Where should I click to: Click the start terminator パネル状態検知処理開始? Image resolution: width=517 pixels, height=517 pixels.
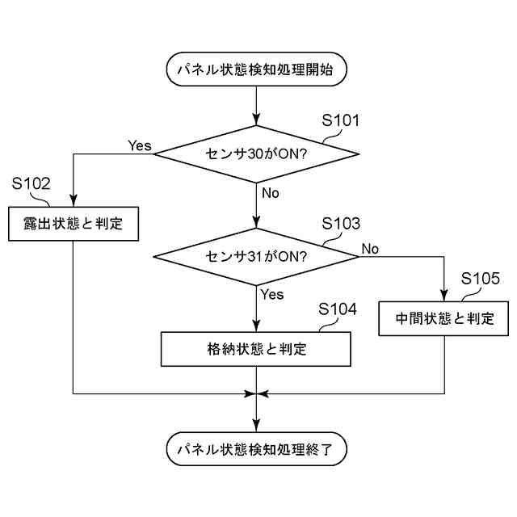point(256,70)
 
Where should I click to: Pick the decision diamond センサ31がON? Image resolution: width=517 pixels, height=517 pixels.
point(256,257)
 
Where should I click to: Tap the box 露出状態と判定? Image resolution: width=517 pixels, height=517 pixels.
point(74,224)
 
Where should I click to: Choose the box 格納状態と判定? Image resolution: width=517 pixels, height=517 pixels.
point(256,350)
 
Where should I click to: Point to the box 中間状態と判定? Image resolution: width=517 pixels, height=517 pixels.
point(444,317)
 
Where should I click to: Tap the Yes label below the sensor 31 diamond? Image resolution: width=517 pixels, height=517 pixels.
point(272,294)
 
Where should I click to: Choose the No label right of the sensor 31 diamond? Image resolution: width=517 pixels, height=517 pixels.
point(370,248)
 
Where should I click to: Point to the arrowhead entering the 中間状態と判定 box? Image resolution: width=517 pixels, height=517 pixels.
point(444,296)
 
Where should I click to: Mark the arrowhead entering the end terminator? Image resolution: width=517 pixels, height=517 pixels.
point(256,427)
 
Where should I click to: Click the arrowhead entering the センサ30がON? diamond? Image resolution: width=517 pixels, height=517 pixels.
point(256,120)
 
